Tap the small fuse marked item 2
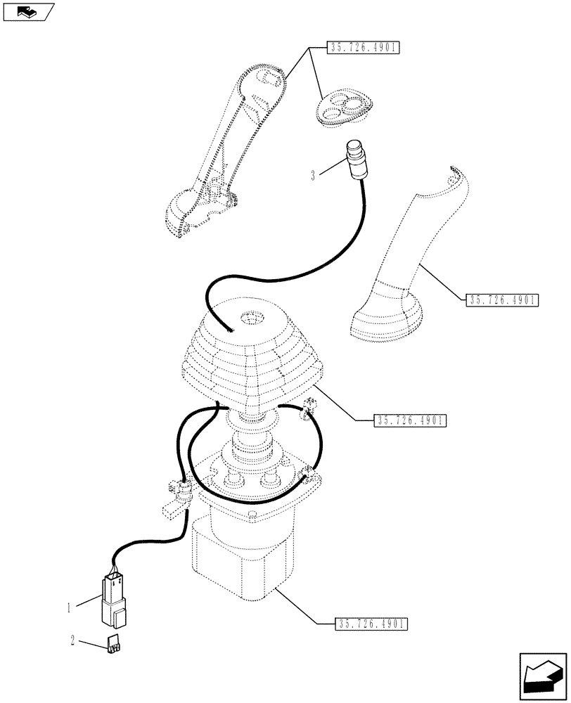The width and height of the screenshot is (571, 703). (x=113, y=645)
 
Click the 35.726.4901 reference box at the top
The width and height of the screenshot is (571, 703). (x=362, y=49)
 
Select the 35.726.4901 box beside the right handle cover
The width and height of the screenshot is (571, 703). (x=501, y=300)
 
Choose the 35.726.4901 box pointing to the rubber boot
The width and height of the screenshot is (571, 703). (x=411, y=420)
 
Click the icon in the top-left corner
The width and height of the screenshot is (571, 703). (x=28, y=12)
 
